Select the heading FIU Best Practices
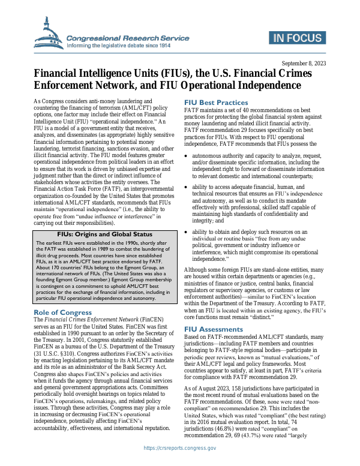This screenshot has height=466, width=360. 215,103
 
